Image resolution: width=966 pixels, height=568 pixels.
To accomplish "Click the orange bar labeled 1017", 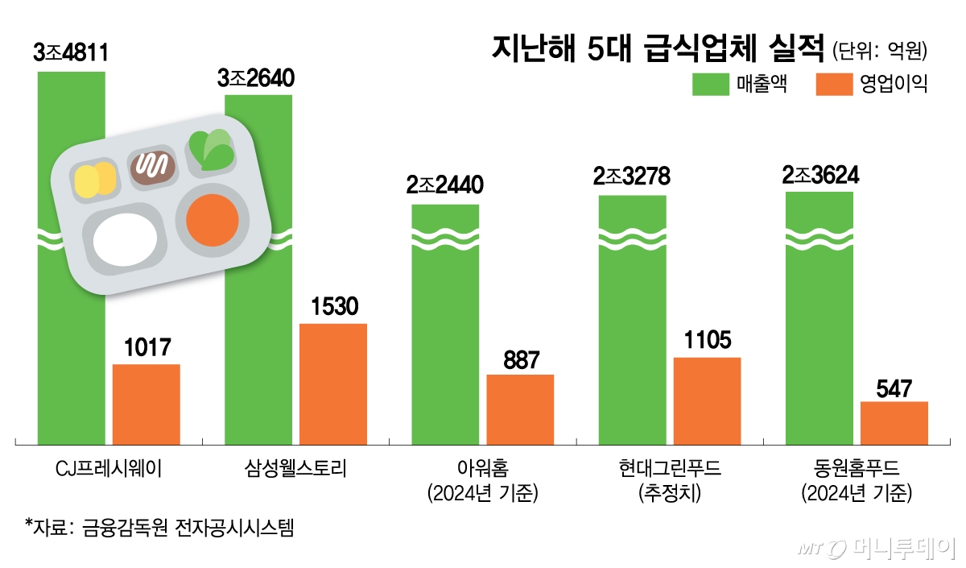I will pyautogui.click(x=146, y=404).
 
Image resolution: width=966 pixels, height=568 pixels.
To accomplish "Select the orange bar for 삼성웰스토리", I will pyautogui.click(x=333, y=384).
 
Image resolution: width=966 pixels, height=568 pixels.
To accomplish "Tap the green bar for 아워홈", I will pyautogui.click(x=445, y=338).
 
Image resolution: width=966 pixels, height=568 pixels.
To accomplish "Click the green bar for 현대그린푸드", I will pyautogui.click(x=632, y=338).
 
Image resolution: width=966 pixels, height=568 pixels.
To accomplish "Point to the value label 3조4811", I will pyautogui.click(x=71, y=54).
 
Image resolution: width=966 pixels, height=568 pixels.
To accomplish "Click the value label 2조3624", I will pyautogui.click(x=819, y=174).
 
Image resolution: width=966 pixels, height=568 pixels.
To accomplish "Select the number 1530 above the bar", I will pyautogui.click(x=333, y=307).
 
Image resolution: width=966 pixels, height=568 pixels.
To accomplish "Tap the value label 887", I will pyautogui.click(x=520, y=359).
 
